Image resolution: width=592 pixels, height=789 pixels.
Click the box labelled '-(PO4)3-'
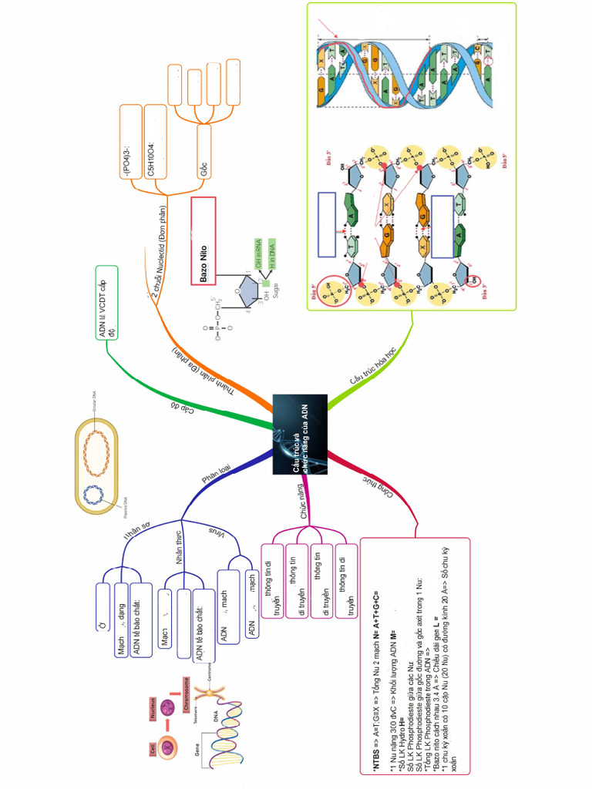131,145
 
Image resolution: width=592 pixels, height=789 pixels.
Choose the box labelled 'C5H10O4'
156,145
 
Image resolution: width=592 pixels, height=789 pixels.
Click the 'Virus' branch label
220,532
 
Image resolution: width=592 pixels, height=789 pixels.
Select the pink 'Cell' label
153,748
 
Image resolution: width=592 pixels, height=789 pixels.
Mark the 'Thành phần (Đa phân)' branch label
203,369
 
